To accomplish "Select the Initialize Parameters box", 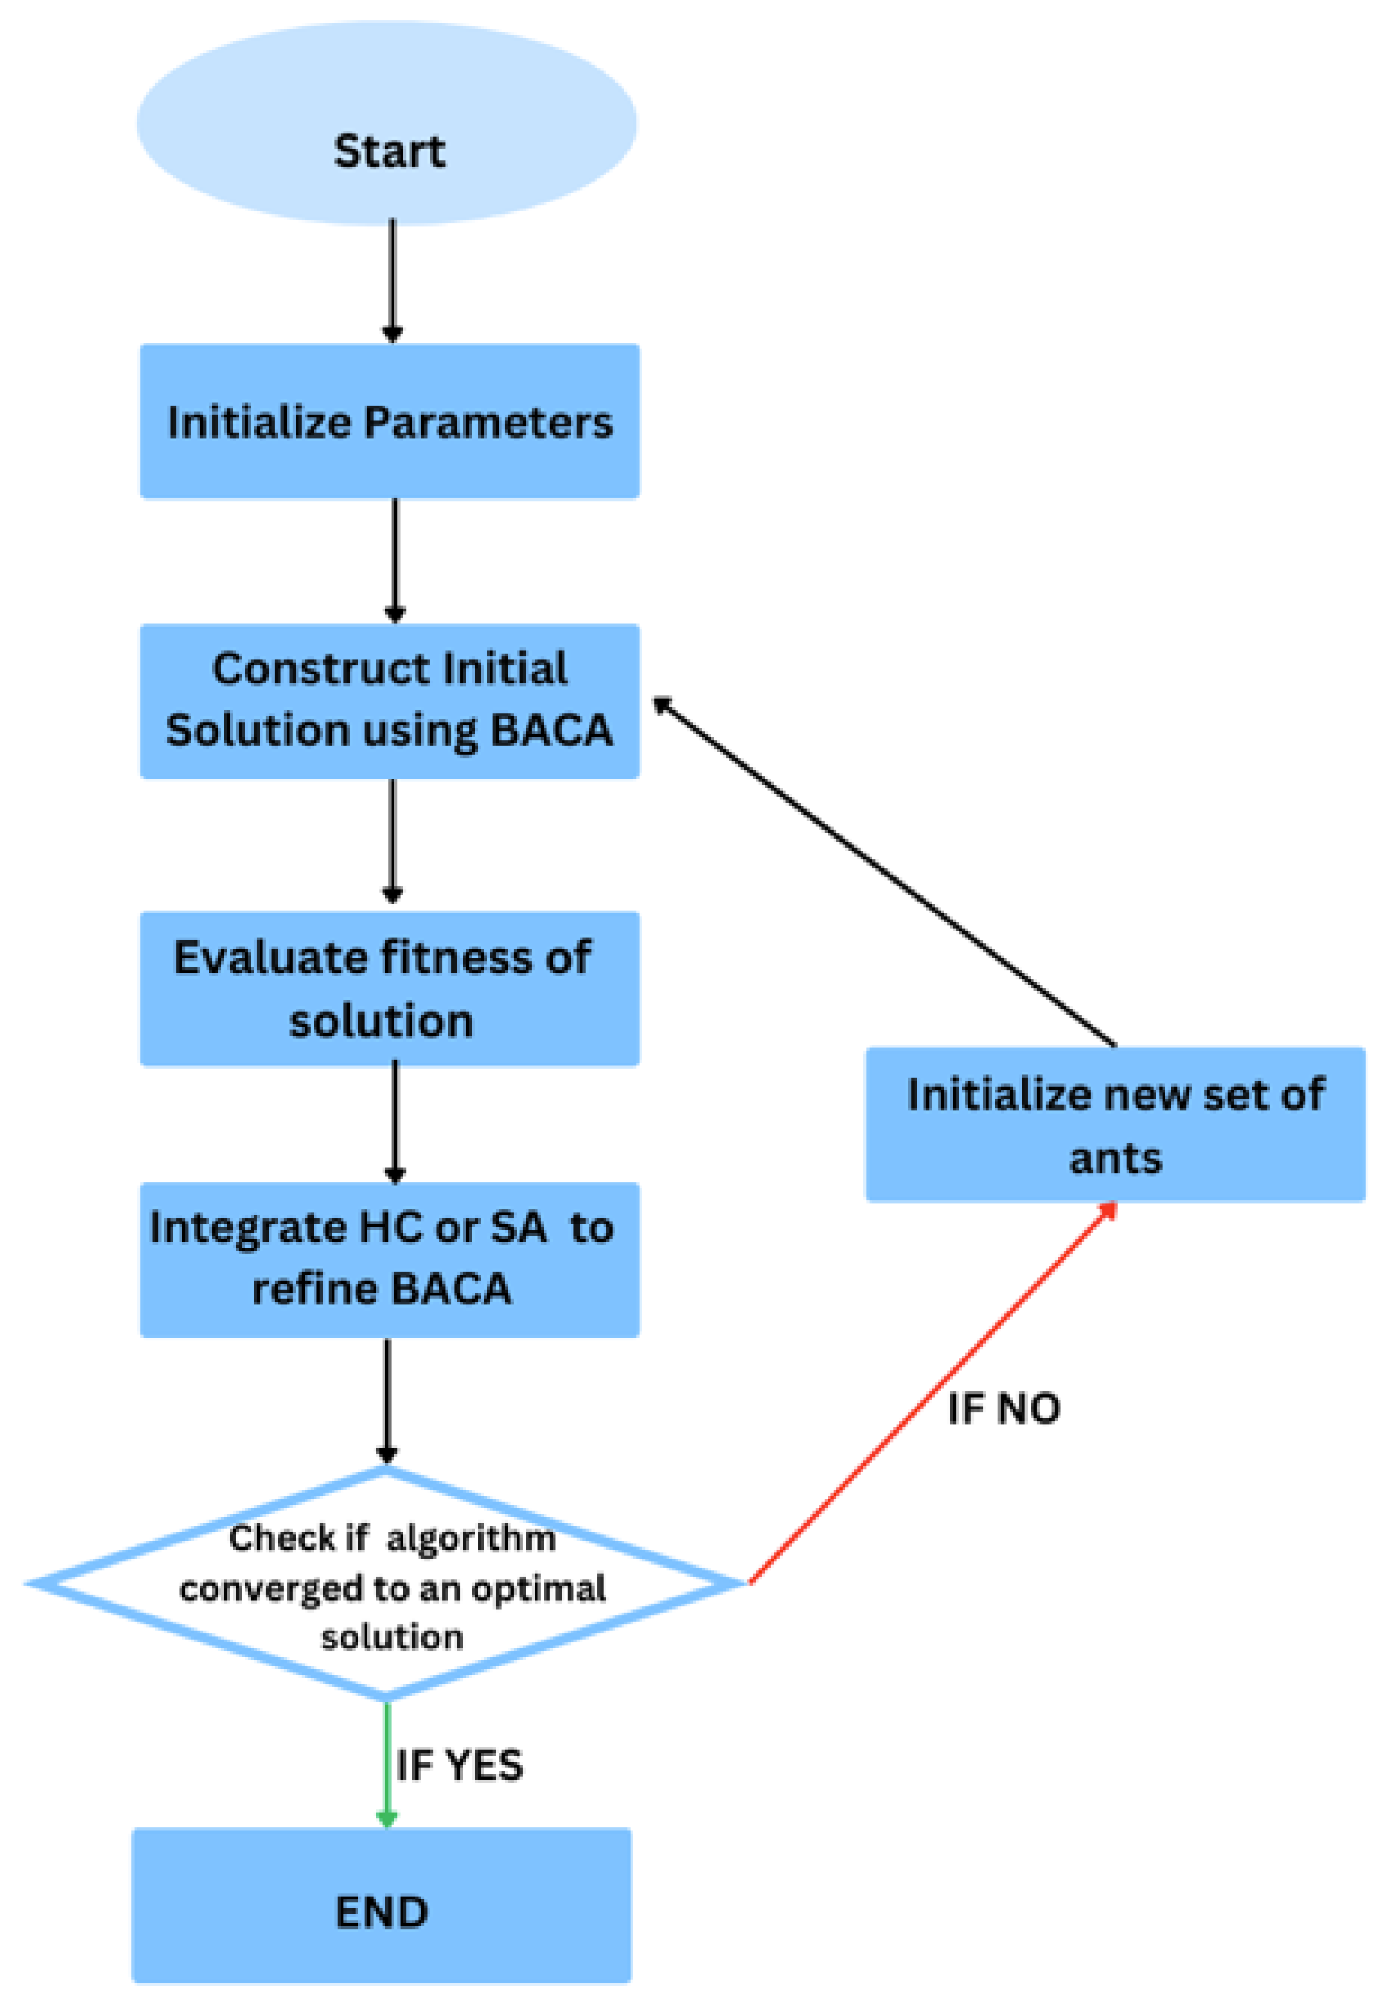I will coord(390,421).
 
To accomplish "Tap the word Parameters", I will coord(488,424).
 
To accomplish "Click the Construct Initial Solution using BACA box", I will coord(390,701).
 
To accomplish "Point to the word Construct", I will coord(320,670).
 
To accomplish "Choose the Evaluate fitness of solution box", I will coord(390,989).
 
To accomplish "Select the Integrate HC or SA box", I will coord(390,1260).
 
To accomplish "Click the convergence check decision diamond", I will coord(387,1584).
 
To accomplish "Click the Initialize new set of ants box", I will coord(1115,1125).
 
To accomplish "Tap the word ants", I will coord(1115,1159).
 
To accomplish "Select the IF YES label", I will coord(459,1765).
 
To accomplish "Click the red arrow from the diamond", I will coord(930,1394).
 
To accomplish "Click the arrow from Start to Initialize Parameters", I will coord(393,278).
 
